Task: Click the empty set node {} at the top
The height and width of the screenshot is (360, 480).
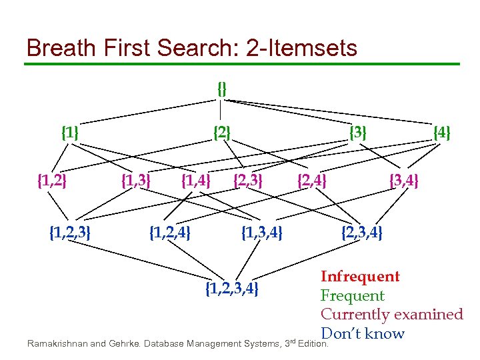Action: [x=222, y=88]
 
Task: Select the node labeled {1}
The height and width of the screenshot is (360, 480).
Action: [x=70, y=133]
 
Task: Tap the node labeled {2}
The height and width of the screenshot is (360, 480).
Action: [x=222, y=133]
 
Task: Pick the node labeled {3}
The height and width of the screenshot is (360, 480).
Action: [x=359, y=133]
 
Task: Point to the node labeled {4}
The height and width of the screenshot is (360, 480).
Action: [x=442, y=133]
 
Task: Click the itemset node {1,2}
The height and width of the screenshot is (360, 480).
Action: [x=52, y=180]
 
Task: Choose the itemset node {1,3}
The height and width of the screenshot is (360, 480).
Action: [x=135, y=180]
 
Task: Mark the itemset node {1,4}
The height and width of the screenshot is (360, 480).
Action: [x=196, y=180]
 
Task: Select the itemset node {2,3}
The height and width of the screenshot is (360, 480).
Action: [x=248, y=180]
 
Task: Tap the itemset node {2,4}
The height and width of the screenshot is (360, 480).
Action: [x=312, y=180]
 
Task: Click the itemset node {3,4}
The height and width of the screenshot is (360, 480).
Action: [x=404, y=180]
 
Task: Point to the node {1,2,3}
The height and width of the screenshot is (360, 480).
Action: [x=71, y=233]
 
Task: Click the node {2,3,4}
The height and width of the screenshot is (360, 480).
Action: [x=362, y=233]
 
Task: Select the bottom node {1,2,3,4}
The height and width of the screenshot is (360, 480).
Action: [x=232, y=289]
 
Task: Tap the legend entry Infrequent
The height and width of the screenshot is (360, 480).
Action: [x=360, y=277]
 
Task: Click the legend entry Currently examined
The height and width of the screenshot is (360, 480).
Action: [x=391, y=314]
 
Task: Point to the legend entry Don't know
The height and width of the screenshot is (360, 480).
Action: [x=363, y=333]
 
